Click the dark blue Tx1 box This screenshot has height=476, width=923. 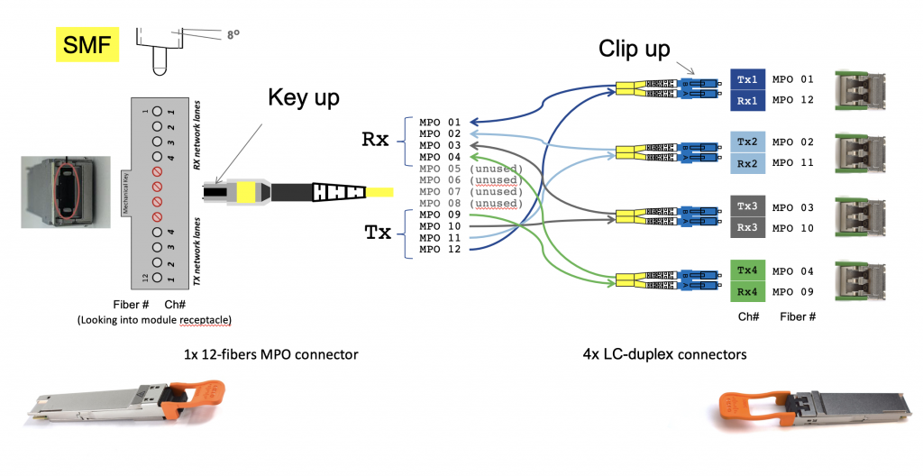click(x=747, y=79)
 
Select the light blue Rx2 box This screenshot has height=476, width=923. click(x=747, y=162)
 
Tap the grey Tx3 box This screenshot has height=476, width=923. click(x=747, y=207)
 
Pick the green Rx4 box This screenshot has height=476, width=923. click(x=747, y=290)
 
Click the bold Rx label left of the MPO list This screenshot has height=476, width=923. click(x=375, y=139)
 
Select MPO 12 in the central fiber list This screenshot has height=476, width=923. click(x=440, y=249)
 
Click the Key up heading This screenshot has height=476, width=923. click(x=303, y=98)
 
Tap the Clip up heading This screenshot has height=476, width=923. click(x=635, y=50)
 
